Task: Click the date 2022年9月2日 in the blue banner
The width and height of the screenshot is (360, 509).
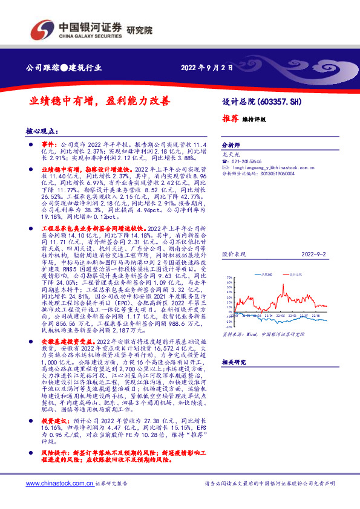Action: [x=207, y=68]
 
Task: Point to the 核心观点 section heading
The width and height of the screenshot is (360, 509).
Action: [x=40, y=131]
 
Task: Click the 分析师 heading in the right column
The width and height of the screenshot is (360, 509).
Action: [x=231, y=146]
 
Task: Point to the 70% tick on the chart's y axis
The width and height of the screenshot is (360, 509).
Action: [x=228, y=278]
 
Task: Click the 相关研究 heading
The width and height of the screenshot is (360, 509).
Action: [x=232, y=361]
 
